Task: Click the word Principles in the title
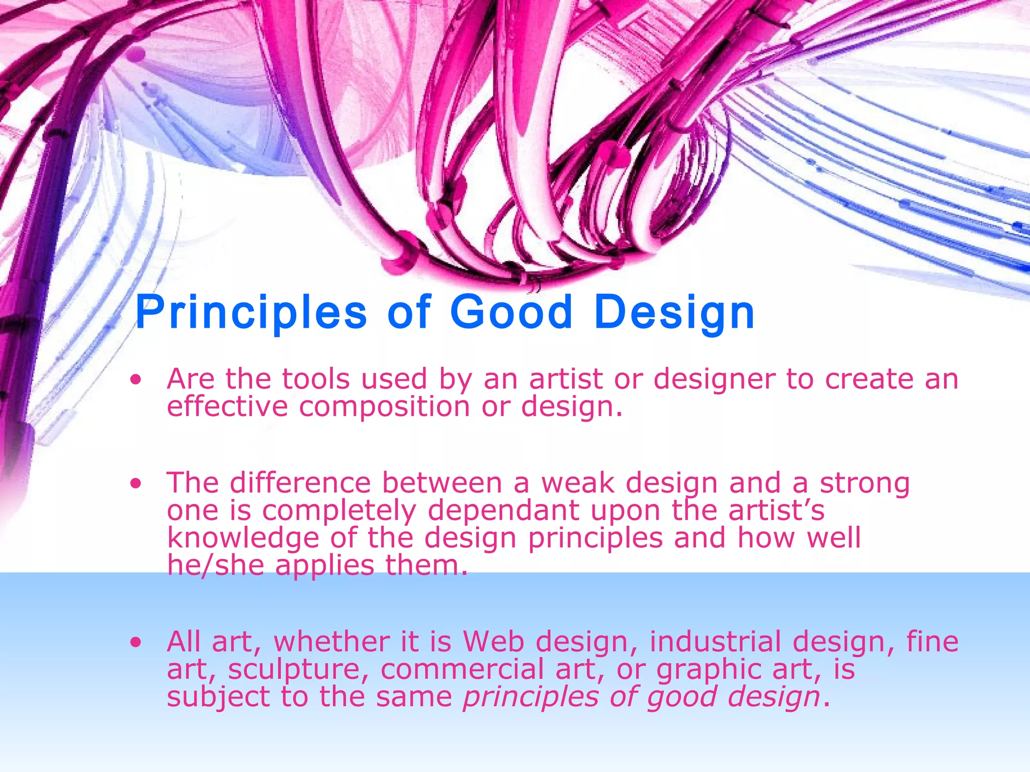(x=250, y=313)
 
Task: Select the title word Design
(x=674, y=313)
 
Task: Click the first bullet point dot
(x=135, y=380)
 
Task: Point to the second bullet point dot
(x=135, y=484)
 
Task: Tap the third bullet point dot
(x=135, y=642)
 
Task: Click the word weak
(x=578, y=483)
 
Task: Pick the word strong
(x=864, y=483)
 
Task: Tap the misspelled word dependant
(x=503, y=511)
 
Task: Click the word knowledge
(x=243, y=538)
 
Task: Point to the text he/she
(x=215, y=565)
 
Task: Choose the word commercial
(x=462, y=669)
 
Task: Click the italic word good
(x=682, y=698)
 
